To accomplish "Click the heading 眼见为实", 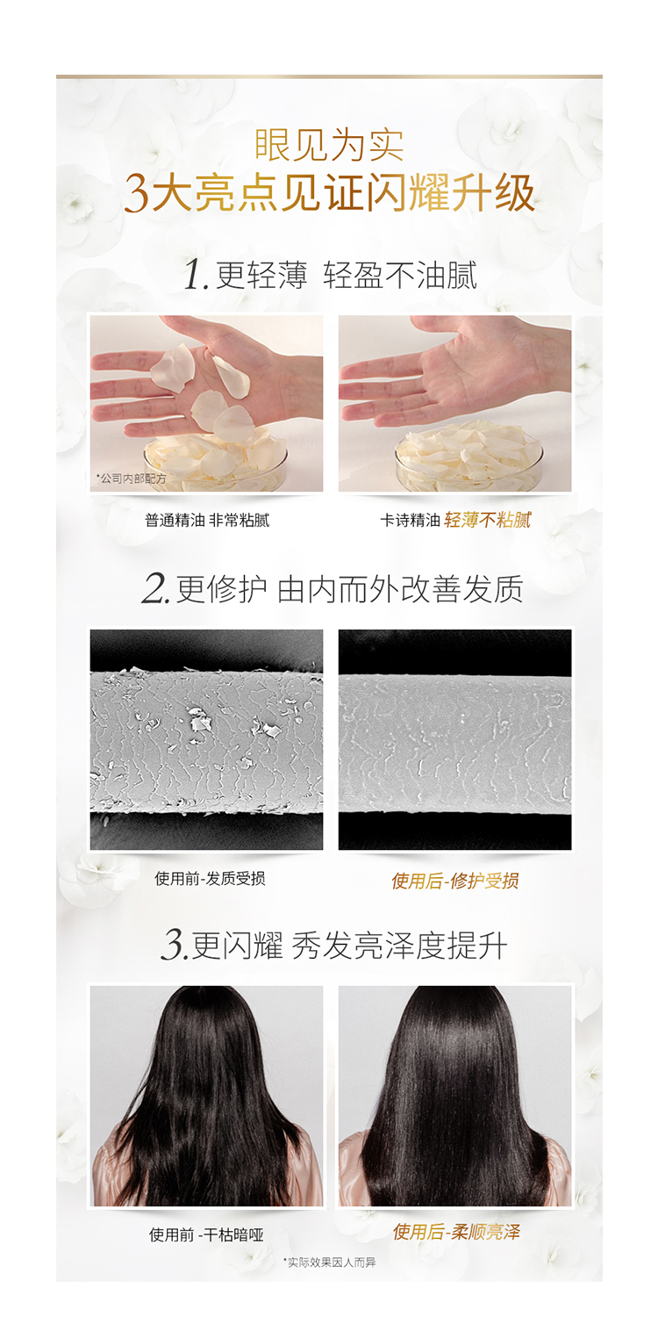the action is (329, 145).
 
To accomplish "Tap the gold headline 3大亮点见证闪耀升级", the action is (329, 193).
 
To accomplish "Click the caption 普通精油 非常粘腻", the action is (207, 521).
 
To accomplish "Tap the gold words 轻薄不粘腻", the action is (488, 521).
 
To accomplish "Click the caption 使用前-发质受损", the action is (210, 879).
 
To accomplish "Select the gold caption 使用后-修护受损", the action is (455, 881).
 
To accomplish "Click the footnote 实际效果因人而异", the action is (329, 1263).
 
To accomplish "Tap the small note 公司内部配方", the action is (131, 479).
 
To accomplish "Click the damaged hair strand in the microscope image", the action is (206, 743).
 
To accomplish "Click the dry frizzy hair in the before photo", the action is (207, 1094).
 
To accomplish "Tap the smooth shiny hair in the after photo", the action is (454, 1094).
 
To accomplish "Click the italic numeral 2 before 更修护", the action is (155, 588).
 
